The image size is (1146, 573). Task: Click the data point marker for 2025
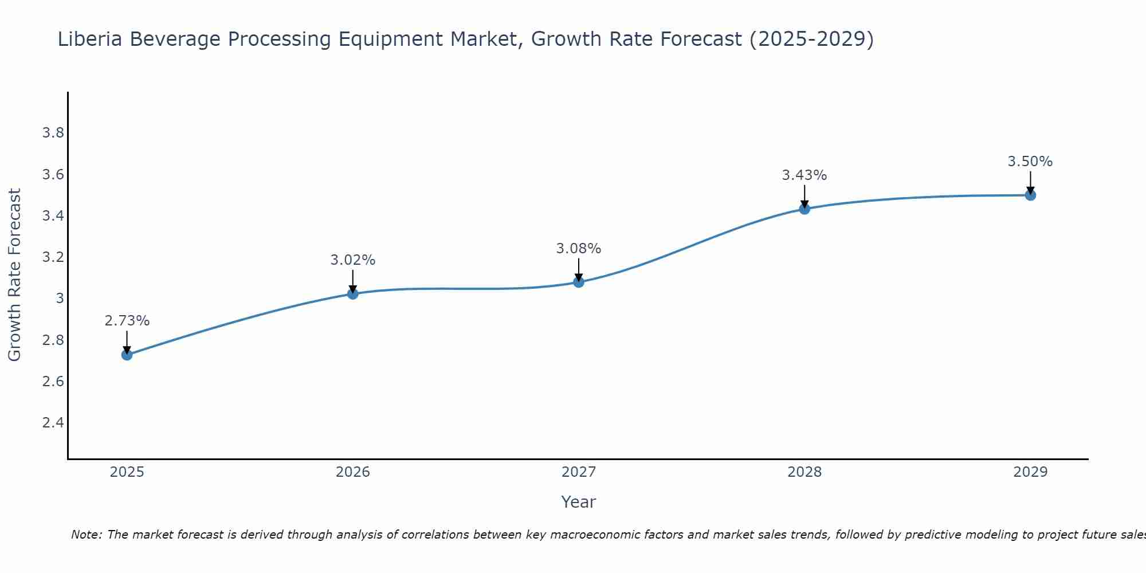coord(127,355)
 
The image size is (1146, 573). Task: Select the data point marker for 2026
coord(353,294)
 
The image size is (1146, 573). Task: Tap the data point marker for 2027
coord(579,282)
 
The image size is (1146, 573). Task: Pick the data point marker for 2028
coord(804,209)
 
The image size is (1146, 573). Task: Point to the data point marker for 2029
coord(1030,195)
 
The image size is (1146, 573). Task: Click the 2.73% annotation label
coord(127,321)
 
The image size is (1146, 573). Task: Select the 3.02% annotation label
coord(353,260)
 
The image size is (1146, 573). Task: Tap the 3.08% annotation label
coord(579,249)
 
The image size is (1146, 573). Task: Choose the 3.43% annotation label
coord(804,175)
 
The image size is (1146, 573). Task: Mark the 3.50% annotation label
coord(1030,162)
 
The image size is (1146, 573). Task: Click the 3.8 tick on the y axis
coord(53,133)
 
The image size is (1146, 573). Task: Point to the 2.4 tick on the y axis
coord(53,423)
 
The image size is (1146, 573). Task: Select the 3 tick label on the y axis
coord(60,299)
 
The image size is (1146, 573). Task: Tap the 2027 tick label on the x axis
coord(579,472)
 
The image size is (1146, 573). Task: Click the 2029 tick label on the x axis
coord(1030,472)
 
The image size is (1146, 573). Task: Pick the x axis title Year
coord(579,502)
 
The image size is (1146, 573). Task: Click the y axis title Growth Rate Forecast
coord(14,275)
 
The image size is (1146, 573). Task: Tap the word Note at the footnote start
coord(86,535)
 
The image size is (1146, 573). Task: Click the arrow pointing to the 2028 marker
coord(804,196)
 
